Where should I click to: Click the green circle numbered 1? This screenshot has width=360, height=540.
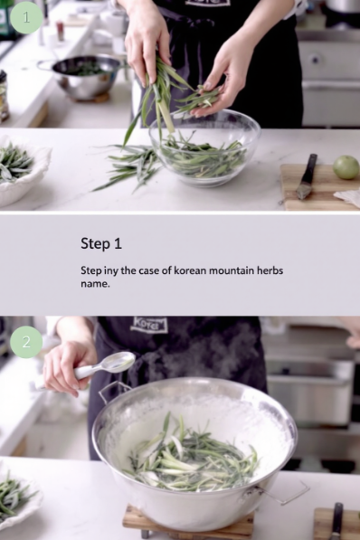26,17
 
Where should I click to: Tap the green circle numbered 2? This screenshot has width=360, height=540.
26,342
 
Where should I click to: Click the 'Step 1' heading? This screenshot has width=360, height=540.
101,243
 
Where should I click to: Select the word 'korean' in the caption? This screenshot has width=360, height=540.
190,270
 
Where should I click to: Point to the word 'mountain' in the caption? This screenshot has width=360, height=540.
232,270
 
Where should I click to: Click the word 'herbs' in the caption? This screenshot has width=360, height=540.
270,270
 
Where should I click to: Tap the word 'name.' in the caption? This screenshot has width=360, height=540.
95,284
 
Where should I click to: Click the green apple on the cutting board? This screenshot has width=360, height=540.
346,167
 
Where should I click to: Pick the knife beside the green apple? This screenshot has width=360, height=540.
306,176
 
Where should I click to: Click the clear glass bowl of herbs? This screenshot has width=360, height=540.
204,148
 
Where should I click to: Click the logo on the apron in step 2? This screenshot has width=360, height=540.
149,325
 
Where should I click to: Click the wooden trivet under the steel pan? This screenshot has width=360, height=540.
188,520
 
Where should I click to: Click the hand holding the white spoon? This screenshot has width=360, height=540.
67,366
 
